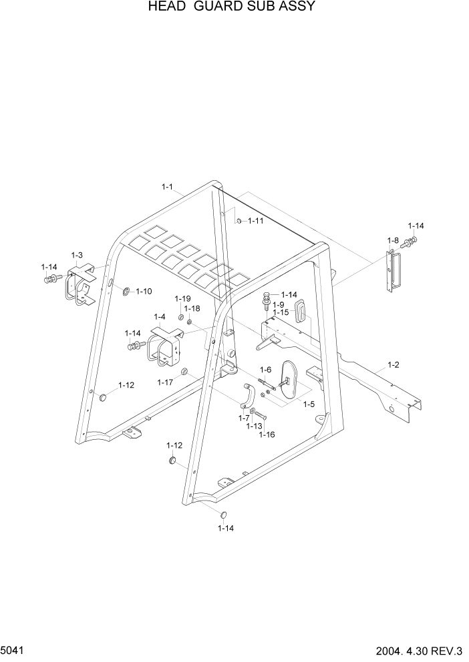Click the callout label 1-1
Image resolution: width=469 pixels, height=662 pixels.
pos(167,187)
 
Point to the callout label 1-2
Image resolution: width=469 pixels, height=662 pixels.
pos(393,365)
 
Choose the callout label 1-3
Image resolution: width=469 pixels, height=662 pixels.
pos(77,255)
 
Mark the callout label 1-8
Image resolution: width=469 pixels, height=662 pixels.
pos(393,240)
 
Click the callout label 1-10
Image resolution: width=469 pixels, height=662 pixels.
pos(144,291)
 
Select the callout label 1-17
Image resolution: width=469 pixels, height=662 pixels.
pos(165,382)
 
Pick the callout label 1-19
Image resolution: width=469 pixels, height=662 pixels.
pos(183,298)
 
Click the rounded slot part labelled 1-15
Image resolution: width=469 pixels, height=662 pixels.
pos(300,310)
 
